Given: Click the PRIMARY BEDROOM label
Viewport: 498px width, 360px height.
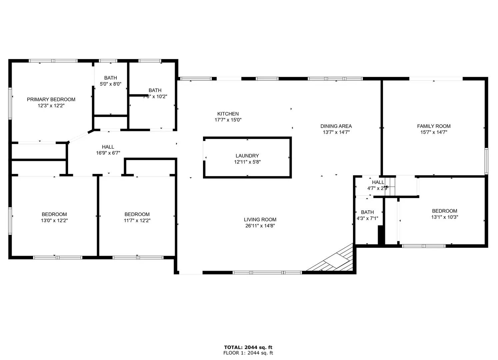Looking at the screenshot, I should pyautogui.click(x=51, y=99).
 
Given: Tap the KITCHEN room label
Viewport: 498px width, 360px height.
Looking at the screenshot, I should pyautogui.click(x=228, y=114).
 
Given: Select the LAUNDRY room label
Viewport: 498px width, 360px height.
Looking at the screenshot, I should pyautogui.click(x=247, y=156).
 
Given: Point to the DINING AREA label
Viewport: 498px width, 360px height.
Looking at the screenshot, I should pyautogui.click(x=336, y=126).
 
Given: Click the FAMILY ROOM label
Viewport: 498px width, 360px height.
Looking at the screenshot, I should pyautogui.click(x=434, y=126).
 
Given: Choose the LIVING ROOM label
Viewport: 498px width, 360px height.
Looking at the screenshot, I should pyautogui.click(x=260, y=219).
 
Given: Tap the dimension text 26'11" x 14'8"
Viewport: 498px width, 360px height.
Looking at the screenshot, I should pyautogui.click(x=260, y=226).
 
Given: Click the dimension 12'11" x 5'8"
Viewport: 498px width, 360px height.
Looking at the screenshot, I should pyautogui.click(x=247, y=162).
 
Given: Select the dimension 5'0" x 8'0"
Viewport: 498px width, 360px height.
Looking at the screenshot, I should pyautogui.click(x=111, y=84).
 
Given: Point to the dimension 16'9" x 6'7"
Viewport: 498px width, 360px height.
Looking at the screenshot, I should pyautogui.click(x=108, y=153).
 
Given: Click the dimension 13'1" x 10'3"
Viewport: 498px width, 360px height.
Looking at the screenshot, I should pyautogui.click(x=444, y=217).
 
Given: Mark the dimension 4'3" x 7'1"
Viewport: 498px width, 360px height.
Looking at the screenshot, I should pyautogui.click(x=367, y=219).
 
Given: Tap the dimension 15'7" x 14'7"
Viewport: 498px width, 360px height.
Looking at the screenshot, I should pyautogui.click(x=434, y=132).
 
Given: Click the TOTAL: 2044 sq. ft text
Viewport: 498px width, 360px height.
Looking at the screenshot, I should pyautogui.click(x=248, y=347).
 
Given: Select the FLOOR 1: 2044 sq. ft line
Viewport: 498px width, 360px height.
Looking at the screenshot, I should pyautogui.click(x=248, y=353).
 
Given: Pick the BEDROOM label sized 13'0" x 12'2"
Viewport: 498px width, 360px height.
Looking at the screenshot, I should pyautogui.click(x=54, y=214).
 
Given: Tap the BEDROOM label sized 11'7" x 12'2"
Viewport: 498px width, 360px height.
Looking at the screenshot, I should pyautogui.click(x=137, y=214).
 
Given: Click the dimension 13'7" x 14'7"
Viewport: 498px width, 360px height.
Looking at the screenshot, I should pyautogui.click(x=336, y=132).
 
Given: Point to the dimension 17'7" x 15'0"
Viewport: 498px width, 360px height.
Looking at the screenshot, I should pyautogui.click(x=228, y=120).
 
